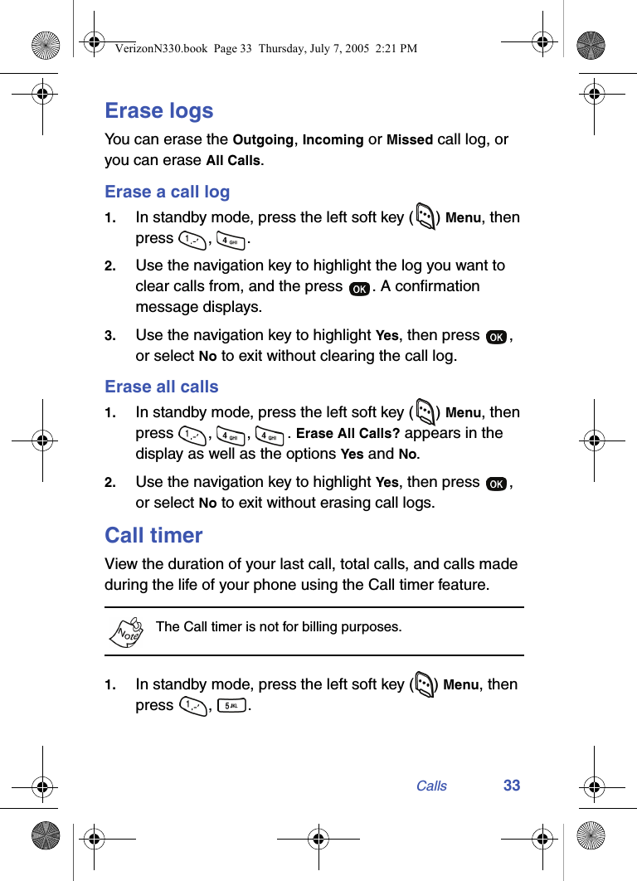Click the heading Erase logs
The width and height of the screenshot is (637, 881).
point(158,110)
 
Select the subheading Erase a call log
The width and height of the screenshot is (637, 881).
point(167,192)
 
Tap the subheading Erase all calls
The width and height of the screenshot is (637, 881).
point(162,387)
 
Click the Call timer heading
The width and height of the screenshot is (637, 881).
point(153,535)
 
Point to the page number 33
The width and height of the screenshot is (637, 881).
point(512,786)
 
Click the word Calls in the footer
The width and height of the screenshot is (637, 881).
point(431,786)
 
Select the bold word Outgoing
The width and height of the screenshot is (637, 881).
point(263,140)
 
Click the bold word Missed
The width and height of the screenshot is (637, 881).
point(410,140)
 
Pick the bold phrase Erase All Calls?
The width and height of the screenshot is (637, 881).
point(348,434)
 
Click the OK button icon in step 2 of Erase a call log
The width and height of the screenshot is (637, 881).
point(360,288)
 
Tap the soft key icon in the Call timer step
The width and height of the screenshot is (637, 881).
point(423,685)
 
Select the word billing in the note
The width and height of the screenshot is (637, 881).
point(325,627)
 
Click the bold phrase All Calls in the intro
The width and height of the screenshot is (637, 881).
point(233,161)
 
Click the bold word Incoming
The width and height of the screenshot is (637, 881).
point(333,140)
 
